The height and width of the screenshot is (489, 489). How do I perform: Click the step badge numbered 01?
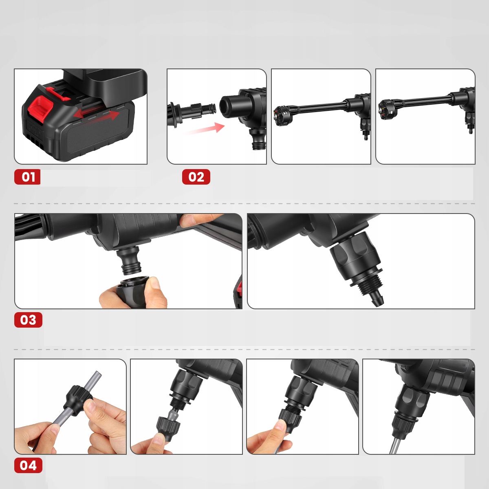point(27,177)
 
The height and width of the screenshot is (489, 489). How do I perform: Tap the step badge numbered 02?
point(196,177)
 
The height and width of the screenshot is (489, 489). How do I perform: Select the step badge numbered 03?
point(28,320)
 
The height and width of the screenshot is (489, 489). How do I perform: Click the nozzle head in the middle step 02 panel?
point(279,115)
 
